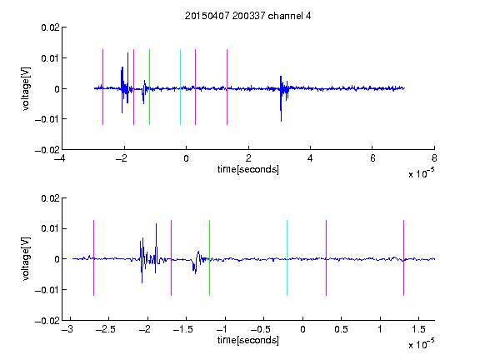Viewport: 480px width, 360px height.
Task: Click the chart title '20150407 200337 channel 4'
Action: [x=248, y=16]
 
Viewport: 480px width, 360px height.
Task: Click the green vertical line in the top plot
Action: [x=149, y=87]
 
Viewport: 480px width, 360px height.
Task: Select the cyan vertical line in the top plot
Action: [x=180, y=87]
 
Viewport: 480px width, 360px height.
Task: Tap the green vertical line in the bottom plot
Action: [x=209, y=257]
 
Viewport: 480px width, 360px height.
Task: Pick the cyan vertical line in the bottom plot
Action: [x=287, y=257]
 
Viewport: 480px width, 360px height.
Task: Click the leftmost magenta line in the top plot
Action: [x=102, y=87]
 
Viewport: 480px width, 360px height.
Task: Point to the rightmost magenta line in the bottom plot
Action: [x=403, y=257]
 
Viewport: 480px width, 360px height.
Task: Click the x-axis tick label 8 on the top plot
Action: [x=434, y=158]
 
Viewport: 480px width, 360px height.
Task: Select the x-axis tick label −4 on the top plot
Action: [x=60, y=158]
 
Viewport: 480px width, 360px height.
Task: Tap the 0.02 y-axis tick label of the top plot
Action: [x=50, y=27]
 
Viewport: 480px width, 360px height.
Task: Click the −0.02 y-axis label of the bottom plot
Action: [x=47, y=321]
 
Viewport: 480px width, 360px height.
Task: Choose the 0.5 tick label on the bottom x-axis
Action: [x=341, y=329]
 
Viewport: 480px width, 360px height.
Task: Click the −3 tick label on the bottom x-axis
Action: [x=67, y=329]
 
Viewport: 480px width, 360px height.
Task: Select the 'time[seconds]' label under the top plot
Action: [x=248, y=169]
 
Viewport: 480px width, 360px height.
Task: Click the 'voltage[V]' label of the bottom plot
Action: [x=26, y=258]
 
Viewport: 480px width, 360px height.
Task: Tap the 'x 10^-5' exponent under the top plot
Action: [x=421, y=173]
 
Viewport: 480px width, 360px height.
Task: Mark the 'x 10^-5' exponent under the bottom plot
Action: [x=421, y=344]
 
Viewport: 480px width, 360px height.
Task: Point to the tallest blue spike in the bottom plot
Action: [x=156, y=248]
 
